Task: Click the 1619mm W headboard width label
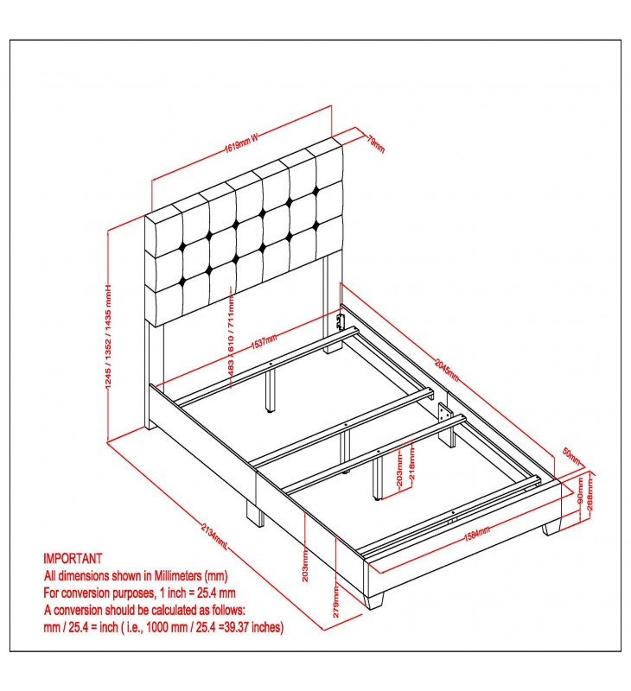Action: tap(241, 143)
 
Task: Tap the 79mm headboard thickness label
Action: tap(376, 143)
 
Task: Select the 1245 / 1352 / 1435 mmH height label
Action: tap(108, 336)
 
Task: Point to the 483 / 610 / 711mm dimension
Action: tap(231, 335)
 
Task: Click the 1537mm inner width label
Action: tap(265, 341)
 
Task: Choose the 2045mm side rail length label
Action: tap(447, 371)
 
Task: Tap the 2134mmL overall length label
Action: tap(214, 536)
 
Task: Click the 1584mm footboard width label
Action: tap(476, 534)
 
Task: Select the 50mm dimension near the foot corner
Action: tap(571, 457)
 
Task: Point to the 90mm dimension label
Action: tap(580, 490)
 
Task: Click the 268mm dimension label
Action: tap(590, 494)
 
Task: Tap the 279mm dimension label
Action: tap(336, 601)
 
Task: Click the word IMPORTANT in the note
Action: tap(73, 558)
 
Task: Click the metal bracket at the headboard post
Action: tap(340, 321)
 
